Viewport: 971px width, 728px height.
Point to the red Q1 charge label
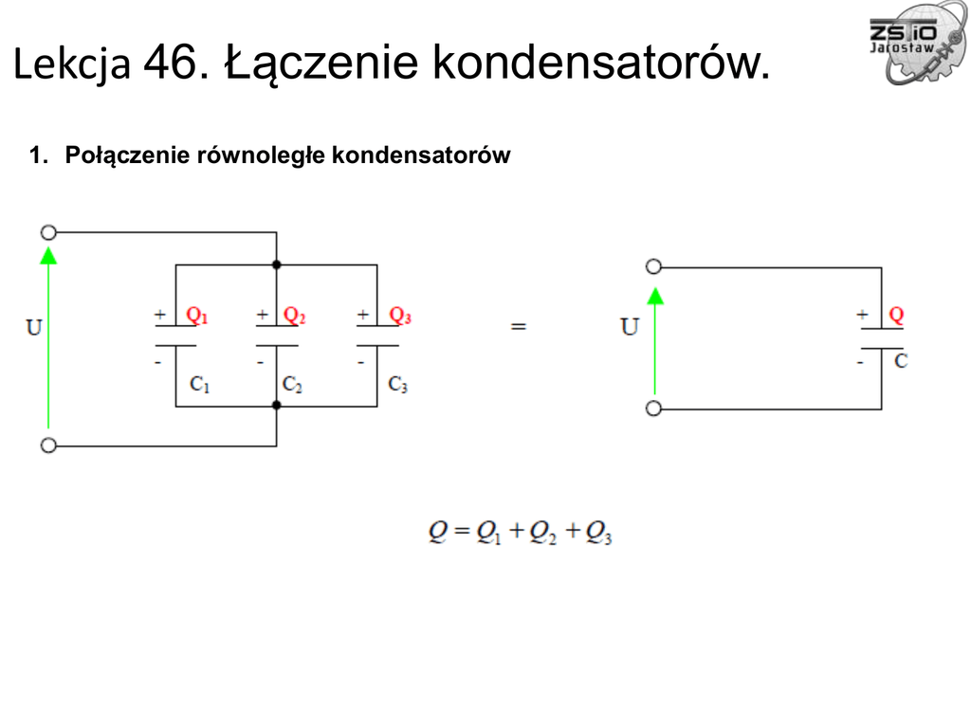tap(196, 316)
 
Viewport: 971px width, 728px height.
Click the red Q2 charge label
tap(295, 316)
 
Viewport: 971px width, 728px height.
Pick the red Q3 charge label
tap(400, 316)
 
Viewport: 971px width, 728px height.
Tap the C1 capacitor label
tap(199, 385)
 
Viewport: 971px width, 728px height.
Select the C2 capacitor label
tap(292, 385)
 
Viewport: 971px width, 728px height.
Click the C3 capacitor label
tap(398, 385)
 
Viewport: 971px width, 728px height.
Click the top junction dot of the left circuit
tap(276, 264)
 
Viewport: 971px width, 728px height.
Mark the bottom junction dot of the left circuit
tap(276, 406)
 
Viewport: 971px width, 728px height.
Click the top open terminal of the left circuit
tap(48, 232)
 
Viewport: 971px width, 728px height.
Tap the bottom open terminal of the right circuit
tap(653, 409)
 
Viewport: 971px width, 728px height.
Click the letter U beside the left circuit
tap(34, 328)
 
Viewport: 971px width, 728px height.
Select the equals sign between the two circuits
tap(518, 325)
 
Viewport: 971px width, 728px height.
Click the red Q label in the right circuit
tap(896, 315)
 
